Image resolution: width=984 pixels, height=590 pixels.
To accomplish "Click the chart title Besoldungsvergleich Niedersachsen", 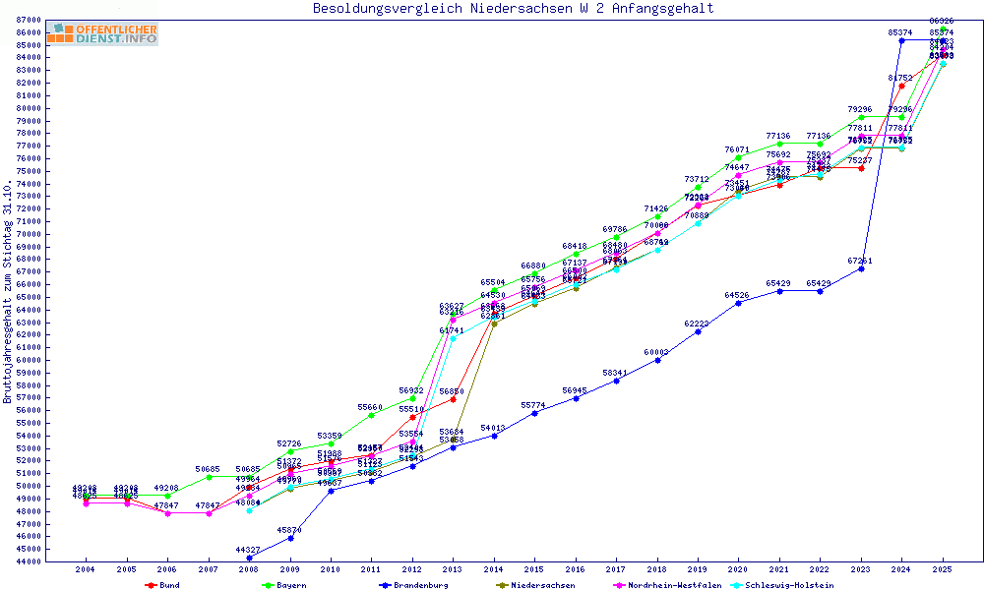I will click(x=513, y=9).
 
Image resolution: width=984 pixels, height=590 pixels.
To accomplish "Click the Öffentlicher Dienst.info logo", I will click(x=102, y=34).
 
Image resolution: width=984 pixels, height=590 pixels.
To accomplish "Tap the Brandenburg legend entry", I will click(x=412, y=585).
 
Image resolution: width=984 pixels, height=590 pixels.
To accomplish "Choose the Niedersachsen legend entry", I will click(x=536, y=585).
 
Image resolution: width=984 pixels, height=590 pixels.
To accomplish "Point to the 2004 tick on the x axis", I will click(x=86, y=569).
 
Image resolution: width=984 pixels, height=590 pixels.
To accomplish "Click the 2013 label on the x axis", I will click(x=453, y=569).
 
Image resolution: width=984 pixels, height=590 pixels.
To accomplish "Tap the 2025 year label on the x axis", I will click(x=943, y=569).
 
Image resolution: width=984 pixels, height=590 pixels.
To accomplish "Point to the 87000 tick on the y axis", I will click(x=29, y=20).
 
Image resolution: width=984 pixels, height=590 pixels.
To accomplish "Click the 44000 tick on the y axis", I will click(x=29, y=561).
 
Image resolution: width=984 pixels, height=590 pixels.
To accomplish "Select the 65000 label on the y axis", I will click(x=29, y=297).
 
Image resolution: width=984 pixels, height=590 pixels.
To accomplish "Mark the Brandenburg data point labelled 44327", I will click(x=249, y=558).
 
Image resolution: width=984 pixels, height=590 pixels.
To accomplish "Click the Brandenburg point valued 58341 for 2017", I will click(x=616, y=381).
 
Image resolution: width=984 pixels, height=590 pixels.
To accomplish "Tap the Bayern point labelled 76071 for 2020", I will click(x=738, y=157).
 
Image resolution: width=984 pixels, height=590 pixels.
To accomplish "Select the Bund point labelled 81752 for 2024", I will click(x=901, y=86).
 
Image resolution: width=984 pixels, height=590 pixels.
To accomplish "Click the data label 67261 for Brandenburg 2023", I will click(x=861, y=261).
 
